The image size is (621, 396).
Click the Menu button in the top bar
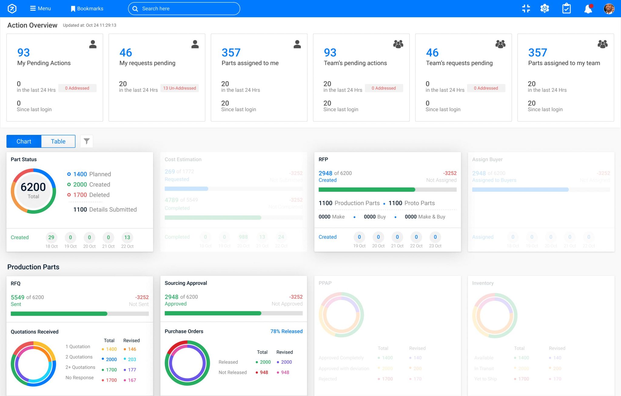pyautogui.click(x=40, y=8)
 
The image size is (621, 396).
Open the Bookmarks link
pyautogui.click(x=87, y=8)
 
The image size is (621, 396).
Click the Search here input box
pyautogui.click(x=184, y=8)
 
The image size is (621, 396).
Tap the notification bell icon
pyautogui.click(x=588, y=8)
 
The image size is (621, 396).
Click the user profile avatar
pyautogui.click(x=609, y=8)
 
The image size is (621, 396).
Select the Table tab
pyautogui.click(x=58, y=141)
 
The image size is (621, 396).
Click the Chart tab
pyautogui.click(x=24, y=141)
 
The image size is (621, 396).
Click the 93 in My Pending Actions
pyautogui.click(x=23, y=53)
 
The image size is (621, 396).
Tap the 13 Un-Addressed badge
pyautogui.click(x=180, y=88)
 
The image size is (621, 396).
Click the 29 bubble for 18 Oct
pyautogui.click(x=51, y=237)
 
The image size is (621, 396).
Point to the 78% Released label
pyautogui.click(x=286, y=331)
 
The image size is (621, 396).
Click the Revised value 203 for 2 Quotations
pyautogui.click(x=132, y=359)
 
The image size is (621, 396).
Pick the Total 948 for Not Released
pyautogui.click(x=264, y=372)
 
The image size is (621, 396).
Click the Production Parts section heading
pyautogui.click(x=33, y=267)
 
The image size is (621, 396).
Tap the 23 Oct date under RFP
pyautogui.click(x=435, y=246)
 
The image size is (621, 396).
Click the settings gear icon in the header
pyautogui.click(x=545, y=8)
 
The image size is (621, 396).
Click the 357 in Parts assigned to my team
pyautogui.click(x=537, y=53)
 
